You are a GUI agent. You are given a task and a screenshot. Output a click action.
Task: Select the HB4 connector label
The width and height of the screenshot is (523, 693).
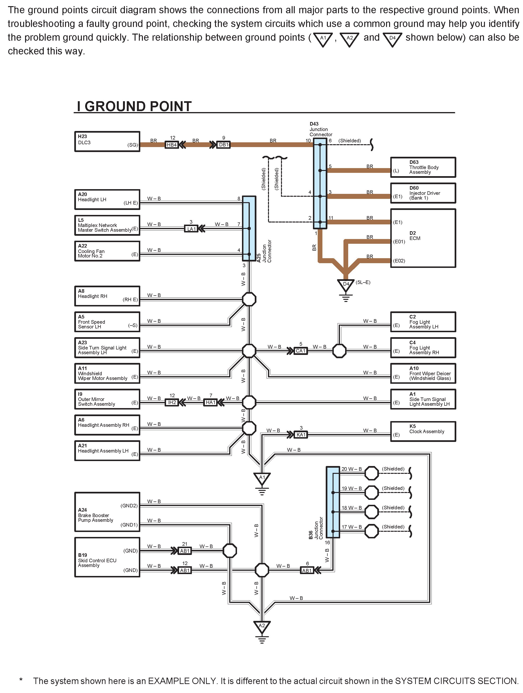coord(172,145)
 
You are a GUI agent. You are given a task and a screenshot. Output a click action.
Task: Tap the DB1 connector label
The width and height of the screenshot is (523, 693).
coord(224,145)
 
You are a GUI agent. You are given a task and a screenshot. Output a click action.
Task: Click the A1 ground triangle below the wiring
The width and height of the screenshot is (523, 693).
coord(262,478)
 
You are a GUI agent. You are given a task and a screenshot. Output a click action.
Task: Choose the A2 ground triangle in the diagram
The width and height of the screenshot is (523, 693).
coord(262,626)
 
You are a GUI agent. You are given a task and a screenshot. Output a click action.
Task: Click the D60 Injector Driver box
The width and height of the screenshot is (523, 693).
coord(423,193)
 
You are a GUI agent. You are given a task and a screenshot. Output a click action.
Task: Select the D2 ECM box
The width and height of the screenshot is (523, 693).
coord(423,238)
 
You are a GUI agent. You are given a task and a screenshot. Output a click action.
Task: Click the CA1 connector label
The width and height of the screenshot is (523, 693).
coord(300,351)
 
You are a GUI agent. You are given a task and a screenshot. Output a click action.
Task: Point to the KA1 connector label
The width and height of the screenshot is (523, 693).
coord(301,435)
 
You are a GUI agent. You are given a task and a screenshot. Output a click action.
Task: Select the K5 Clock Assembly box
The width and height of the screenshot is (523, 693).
coord(423,431)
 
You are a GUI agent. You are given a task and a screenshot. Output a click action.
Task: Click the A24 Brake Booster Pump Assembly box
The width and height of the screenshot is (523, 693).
coord(107,512)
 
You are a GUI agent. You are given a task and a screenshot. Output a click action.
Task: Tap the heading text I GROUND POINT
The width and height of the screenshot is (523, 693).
coord(134,107)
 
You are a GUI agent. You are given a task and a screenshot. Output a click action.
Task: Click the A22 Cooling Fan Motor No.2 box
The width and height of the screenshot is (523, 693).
coord(107,251)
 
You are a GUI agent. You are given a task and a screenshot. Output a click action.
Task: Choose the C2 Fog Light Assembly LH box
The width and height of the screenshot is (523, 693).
coord(423,322)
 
